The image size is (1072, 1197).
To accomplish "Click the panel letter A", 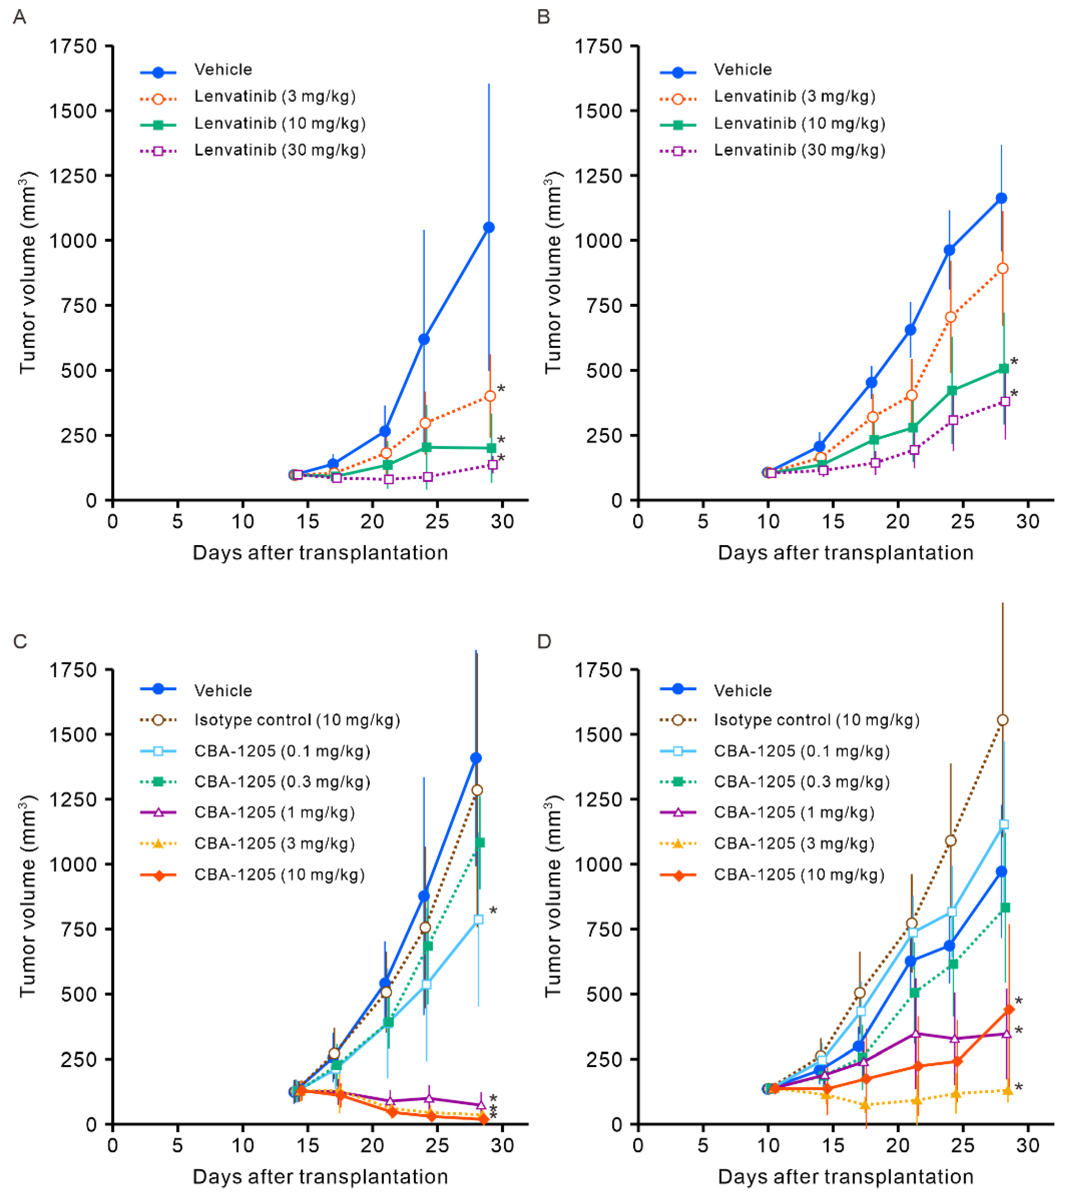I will click(x=19, y=17).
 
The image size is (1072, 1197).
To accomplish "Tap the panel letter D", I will click(x=544, y=641).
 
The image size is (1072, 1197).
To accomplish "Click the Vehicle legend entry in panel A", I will click(x=223, y=69).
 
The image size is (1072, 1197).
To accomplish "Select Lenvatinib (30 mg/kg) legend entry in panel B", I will click(x=799, y=150).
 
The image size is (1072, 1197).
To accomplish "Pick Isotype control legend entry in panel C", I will click(x=296, y=720).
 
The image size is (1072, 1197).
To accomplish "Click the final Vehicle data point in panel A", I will click(x=488, y=227).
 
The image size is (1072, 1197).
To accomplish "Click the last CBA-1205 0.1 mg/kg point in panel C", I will click(x=478, y=919).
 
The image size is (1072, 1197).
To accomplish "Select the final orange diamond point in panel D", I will click(x=1009, y=1009).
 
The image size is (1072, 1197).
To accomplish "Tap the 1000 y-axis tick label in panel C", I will click(x=73, y=864).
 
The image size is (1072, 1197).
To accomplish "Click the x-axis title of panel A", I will click(x=320, y=552).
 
